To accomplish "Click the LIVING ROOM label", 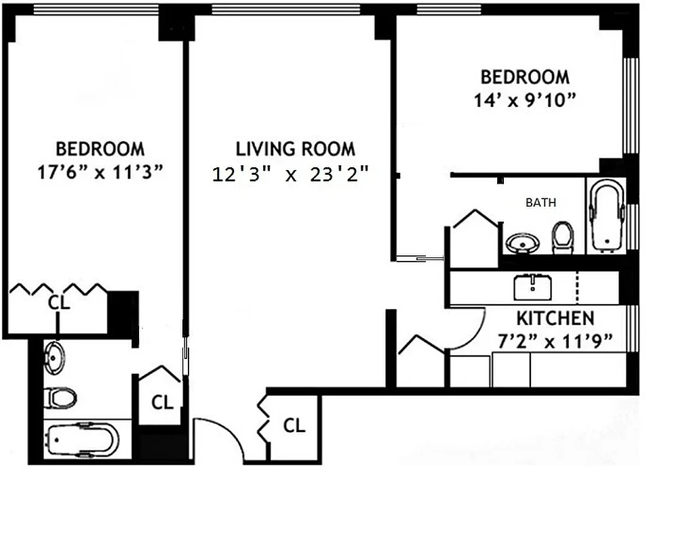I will coord(295,148).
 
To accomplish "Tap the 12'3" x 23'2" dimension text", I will coord(290,175).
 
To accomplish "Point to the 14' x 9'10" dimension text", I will coord(525,100).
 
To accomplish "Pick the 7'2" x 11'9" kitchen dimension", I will coord(556,340).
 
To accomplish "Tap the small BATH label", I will coord(540,202).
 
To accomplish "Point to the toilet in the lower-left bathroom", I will coord(60,398).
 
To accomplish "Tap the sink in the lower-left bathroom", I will coord(54,357).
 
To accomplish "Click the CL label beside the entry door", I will coord(293,425).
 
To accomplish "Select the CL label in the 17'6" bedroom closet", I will coord(59,303).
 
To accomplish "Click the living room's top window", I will coord(286,9).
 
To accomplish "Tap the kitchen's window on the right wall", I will coord(633,329).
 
